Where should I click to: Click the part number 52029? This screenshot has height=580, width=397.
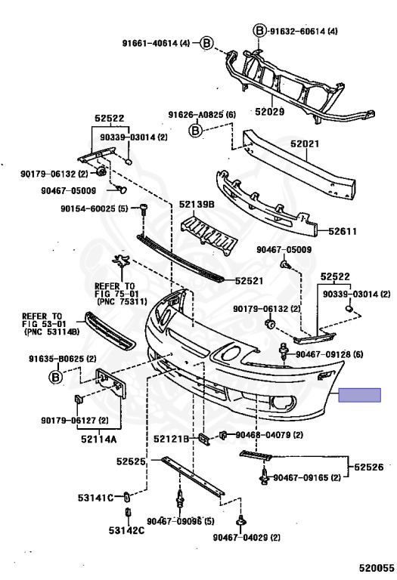[269, 111]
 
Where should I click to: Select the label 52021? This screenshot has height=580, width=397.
[305, 143]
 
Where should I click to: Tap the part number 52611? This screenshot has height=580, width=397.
[343, 231]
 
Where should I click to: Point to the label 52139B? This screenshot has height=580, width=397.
[197, 204]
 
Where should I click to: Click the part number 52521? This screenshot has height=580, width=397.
[250, 281]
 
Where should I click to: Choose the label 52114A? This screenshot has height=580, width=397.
[99, 439]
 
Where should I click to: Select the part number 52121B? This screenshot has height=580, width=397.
[172, 439]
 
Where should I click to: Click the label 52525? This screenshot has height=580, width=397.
[131, 461]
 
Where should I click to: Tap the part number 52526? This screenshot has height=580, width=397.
[369, 467]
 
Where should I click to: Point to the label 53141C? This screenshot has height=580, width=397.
[95, 498]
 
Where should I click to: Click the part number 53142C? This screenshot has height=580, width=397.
[126, 531]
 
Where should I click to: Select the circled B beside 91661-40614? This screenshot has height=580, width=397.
[206, 43]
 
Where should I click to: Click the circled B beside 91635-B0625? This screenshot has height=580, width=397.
[55, 378]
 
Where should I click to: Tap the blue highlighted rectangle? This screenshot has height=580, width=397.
[360, 395]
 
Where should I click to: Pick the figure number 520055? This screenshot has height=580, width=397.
[377, 568]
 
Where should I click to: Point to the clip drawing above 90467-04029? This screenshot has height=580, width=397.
[240, 521]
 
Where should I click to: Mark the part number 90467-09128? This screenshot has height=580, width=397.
[324, 354]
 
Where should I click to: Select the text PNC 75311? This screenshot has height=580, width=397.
[123, 302]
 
